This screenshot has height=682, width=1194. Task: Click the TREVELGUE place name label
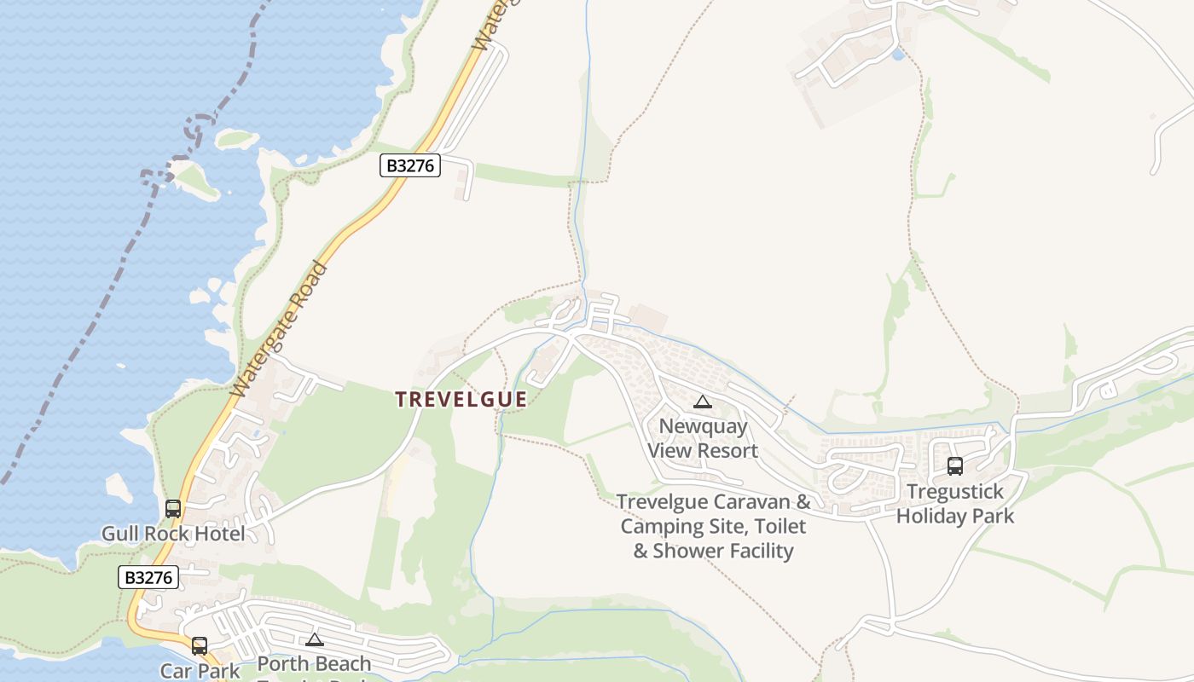(x=461, y=399)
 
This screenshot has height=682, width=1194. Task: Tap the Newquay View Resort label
(x=703, y=438)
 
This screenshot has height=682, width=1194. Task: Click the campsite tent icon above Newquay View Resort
(x=703, y=402)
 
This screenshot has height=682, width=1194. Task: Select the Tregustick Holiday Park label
(x=955, y=504)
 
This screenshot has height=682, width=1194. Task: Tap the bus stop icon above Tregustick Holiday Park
(x=955, y=466)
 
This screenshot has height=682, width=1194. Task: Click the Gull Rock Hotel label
(x=173, y=535)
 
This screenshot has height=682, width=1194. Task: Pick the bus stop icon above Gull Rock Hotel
(x=173, y=509)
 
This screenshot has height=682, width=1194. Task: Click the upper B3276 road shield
(x=410, y=165)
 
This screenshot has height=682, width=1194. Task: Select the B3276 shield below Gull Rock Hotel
(x=148, y=577)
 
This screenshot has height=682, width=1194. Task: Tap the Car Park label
(x=200, y=671)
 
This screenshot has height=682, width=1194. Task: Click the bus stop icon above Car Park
(x=200, y=645)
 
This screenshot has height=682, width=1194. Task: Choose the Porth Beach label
(x=314, y=664)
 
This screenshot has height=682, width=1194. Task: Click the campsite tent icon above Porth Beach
(x=315, y=640)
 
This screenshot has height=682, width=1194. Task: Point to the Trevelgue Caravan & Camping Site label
(x=713, y=526)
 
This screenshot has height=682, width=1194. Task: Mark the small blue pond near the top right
(x=897, y=55)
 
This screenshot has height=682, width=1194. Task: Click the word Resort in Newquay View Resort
(x=726, y=451)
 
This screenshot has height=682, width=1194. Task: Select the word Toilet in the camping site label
(x=772, y=526)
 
